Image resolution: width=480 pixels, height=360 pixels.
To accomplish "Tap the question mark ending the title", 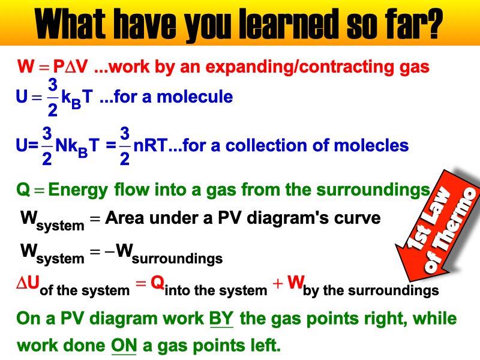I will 433,25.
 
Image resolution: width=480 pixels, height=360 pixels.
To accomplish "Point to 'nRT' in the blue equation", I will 148,146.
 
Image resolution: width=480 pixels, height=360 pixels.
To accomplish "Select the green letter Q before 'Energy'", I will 23,191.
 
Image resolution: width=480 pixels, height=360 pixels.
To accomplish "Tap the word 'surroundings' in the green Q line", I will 378,191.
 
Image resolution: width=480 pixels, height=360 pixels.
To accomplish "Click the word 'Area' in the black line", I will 123,218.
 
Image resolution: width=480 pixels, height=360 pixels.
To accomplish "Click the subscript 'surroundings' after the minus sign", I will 177,259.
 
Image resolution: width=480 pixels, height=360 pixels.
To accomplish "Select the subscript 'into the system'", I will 215,291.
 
